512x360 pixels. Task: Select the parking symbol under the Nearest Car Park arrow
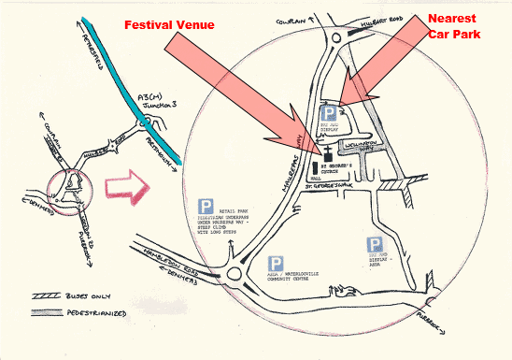329,110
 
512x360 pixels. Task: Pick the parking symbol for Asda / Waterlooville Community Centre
276,265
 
